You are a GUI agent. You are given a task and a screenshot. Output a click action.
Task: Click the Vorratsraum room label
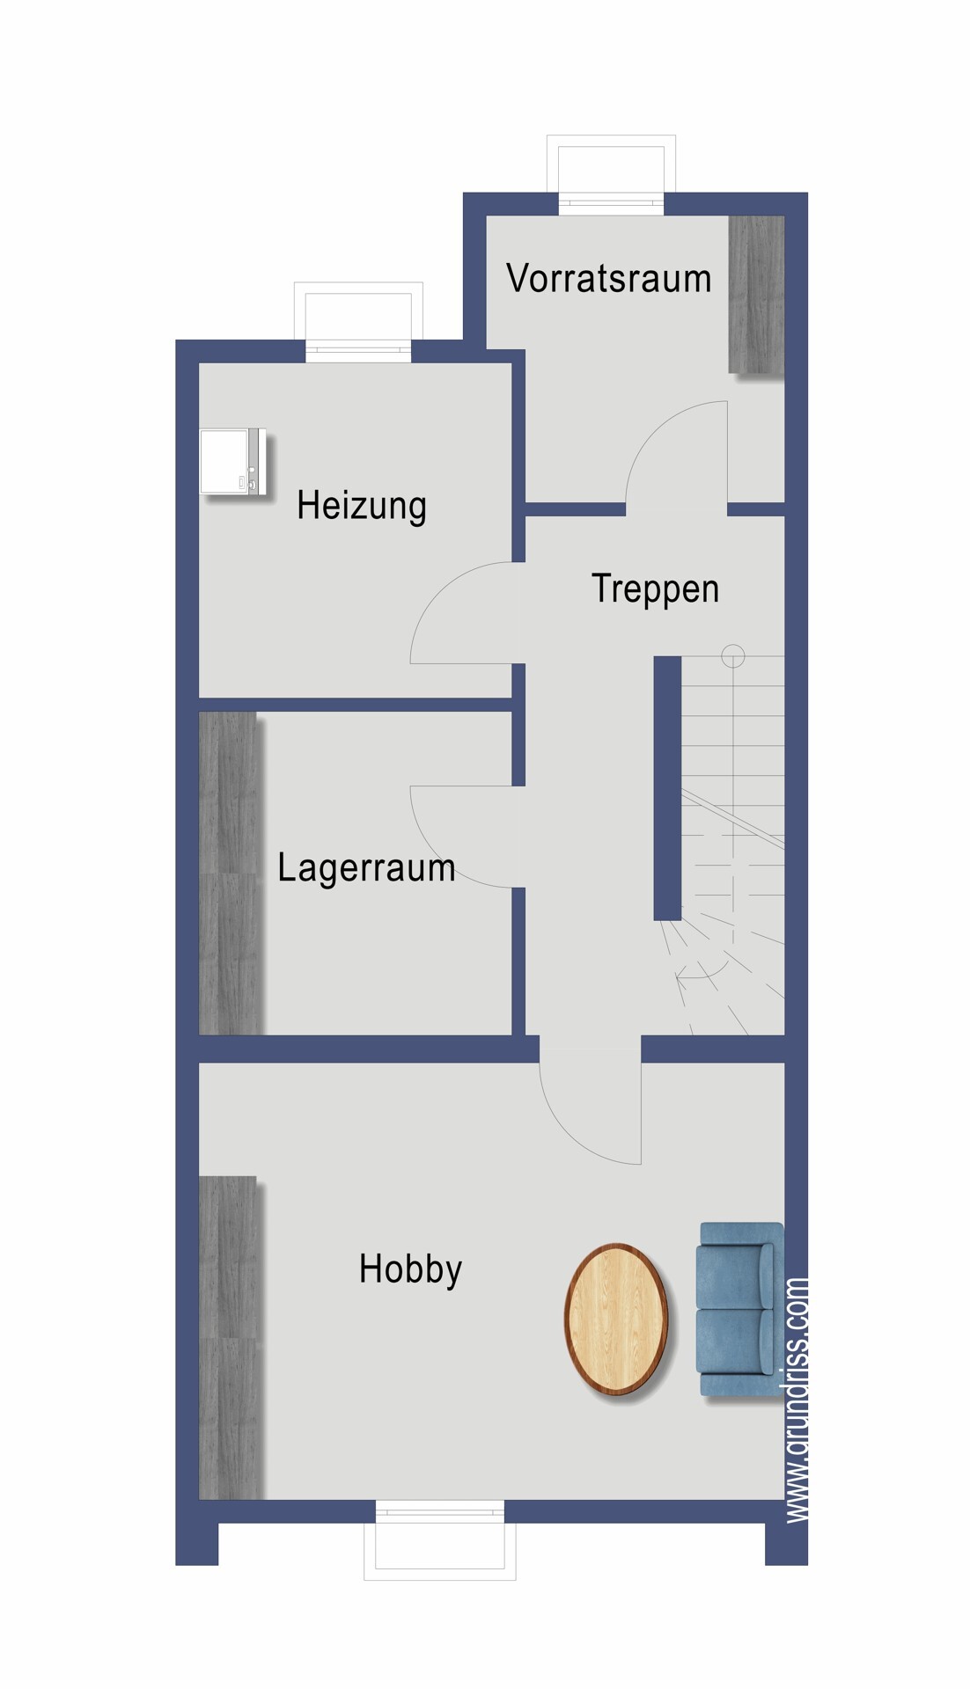coord(608,278)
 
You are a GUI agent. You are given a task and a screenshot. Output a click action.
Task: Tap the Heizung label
coord(362,506)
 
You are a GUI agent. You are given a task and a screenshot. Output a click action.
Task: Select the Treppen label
coord(655,589)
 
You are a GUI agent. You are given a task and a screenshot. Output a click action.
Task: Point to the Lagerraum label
coord(366,868)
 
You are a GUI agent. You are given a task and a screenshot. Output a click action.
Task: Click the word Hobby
coord(410,1269)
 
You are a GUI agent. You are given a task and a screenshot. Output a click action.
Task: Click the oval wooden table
coord(616,1319)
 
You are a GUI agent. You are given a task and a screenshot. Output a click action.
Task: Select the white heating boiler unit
coord(232,463)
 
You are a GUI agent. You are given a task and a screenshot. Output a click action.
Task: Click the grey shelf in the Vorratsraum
coord(756,294)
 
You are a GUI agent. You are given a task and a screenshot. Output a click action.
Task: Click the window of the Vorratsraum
coord(611,175)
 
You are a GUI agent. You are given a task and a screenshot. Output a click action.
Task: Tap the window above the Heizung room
coord(358,322)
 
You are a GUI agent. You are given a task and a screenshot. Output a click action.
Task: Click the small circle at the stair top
coord(733,656)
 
